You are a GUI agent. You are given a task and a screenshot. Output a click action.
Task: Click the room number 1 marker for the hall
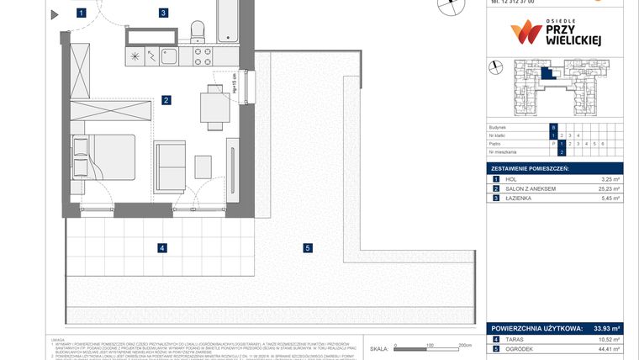point(81,13)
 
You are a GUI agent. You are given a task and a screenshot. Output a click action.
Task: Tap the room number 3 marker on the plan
point(163,13)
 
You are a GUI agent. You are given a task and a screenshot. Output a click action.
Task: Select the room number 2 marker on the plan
point(167,100)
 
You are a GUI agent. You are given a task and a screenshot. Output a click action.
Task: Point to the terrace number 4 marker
point(162,247)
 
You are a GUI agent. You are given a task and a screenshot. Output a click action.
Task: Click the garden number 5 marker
point(308,247)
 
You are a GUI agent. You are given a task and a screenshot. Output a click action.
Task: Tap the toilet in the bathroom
point(198,31)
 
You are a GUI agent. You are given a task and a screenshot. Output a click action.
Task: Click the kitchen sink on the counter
point(167,56)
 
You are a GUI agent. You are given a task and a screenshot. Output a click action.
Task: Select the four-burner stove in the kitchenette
point(203,56)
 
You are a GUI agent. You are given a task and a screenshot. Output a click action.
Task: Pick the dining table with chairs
point(212,107)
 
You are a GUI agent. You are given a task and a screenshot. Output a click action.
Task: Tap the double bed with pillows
point(99,156)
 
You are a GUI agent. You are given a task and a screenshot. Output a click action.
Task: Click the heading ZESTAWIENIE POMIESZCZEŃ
point(531,169)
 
